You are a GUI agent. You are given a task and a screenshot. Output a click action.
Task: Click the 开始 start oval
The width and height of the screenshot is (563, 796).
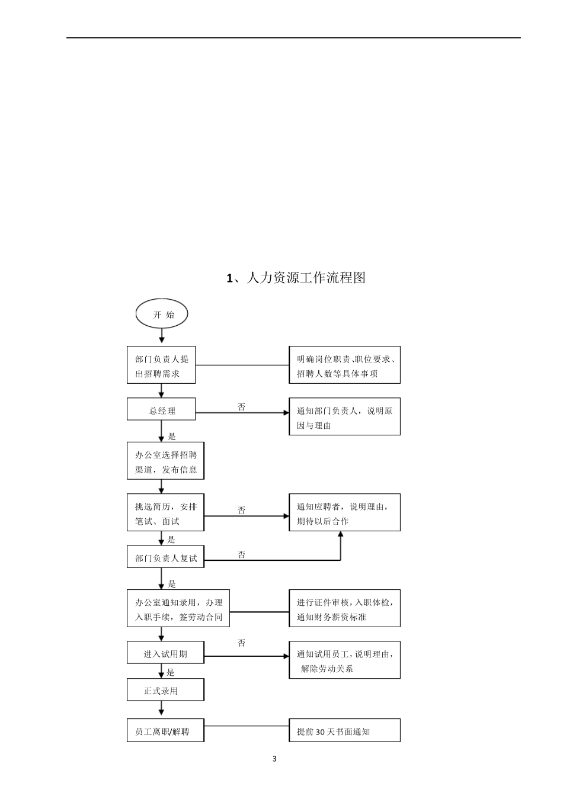[162, 314]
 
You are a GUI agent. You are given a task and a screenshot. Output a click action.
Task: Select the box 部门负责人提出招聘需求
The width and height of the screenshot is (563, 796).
[161, 365]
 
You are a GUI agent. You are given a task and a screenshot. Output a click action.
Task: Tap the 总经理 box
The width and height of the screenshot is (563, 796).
[161, 410]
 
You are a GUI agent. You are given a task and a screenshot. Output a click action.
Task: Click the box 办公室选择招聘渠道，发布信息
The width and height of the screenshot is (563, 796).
[165, 461]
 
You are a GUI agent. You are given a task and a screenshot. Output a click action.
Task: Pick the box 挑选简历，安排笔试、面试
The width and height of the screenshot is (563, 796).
[165, 513]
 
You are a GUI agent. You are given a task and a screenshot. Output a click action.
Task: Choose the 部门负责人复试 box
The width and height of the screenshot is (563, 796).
[165, 557]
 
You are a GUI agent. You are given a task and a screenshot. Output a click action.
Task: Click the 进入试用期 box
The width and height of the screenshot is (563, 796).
[165, 653]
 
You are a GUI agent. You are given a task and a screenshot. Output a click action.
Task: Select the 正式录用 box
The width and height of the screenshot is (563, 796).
[165, 690]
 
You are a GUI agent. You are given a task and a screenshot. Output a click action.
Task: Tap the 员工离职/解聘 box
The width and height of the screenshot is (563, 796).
[165, 731]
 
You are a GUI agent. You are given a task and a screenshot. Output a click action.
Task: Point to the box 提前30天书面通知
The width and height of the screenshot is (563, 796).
[344, 731]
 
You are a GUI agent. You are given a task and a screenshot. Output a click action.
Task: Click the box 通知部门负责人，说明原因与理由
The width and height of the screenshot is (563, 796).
[344, 417]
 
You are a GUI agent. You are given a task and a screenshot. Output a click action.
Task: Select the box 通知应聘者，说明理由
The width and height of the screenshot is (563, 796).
[344, 513]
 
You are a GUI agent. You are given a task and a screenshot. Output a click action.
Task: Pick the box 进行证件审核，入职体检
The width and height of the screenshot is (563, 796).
[344, 609]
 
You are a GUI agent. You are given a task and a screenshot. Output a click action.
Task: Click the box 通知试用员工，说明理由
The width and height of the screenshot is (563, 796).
[344, 660]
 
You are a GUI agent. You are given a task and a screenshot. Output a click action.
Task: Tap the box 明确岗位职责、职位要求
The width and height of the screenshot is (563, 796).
[344, 365]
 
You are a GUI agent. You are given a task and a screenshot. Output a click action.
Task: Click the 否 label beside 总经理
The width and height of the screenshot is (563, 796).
[241, 407]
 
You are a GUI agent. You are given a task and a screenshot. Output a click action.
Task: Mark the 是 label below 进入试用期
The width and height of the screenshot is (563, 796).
[171, 672]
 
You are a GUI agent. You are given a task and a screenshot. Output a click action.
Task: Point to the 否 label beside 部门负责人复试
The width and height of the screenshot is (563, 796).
[241, 554]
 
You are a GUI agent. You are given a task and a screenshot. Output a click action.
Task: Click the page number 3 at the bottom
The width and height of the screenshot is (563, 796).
[274, 759]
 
